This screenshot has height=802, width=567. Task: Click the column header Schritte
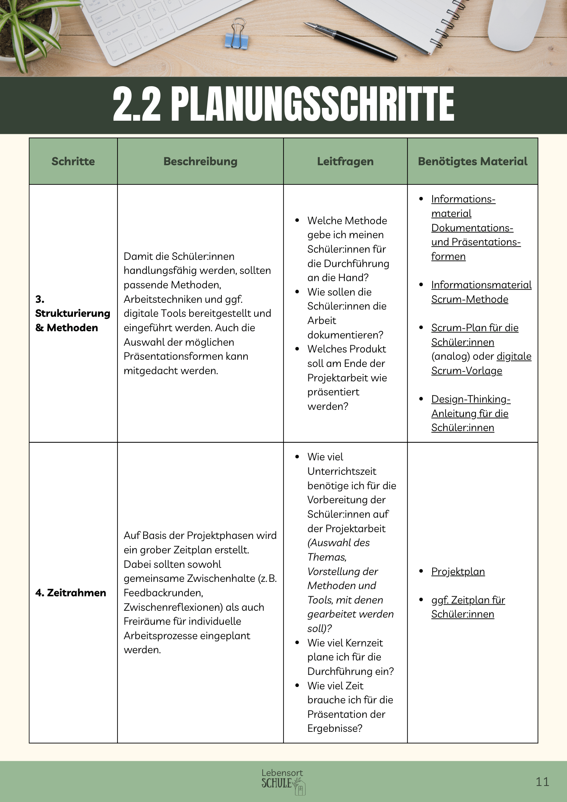coord(73,161)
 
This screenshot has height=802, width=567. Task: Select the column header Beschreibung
coord(200,161)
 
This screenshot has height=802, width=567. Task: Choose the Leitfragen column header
coord(345,161)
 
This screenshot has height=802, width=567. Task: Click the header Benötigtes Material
coord(472,161)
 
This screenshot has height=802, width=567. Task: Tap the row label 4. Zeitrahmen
coord(71,593)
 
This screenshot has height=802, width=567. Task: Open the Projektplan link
coord(458,571)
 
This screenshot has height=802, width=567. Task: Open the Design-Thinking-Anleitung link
coord(470,413)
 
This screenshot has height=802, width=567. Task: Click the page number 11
coord(542,782)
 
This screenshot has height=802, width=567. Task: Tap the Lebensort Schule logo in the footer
coord(283,781)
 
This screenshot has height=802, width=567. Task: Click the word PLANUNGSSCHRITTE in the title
coord(313,104)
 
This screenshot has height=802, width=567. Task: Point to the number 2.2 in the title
coord(137,104)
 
